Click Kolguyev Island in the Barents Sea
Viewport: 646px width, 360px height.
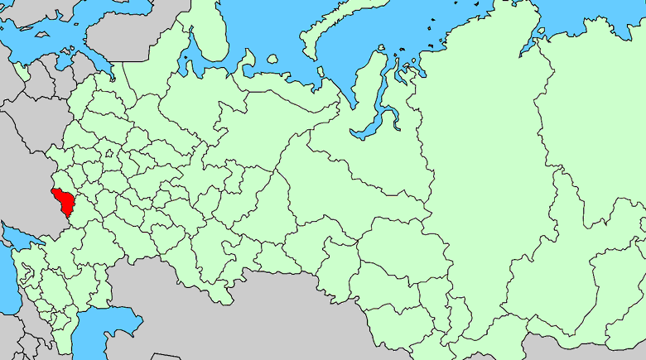[x=272, y=59]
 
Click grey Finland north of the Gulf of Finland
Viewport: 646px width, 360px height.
[x=116, y=33]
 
